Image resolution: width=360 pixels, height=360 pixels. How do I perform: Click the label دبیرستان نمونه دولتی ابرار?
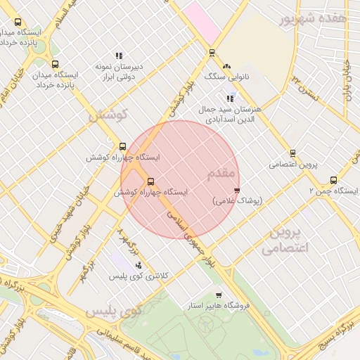pos(119,71)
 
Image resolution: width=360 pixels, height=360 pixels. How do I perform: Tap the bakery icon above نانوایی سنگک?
pos(226,65)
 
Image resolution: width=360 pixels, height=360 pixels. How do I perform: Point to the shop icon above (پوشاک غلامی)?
pos(237,191)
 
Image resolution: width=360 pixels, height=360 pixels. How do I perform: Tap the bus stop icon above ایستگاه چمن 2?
pos(333,180)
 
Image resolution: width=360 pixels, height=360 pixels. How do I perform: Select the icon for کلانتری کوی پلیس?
pos(139,266)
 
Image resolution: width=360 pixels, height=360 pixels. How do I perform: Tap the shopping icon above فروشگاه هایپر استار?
pos(219,295)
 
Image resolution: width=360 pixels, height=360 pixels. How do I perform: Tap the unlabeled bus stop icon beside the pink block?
pos(211,52)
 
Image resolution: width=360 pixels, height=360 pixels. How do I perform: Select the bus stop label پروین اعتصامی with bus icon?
pos(293,165)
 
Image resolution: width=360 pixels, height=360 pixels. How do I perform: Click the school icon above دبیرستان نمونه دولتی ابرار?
pos(119,56)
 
